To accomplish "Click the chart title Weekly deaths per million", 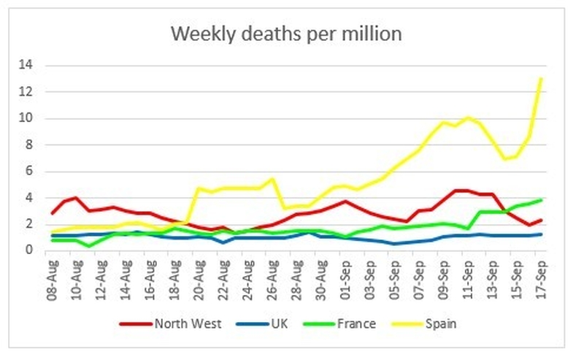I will tap(285, 34).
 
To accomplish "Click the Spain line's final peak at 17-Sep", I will tap(541, 79).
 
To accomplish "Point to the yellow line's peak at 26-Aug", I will tap(272, 179).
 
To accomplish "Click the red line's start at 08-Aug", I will tap(52, 213).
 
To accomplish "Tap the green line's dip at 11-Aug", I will tap(89, 246).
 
